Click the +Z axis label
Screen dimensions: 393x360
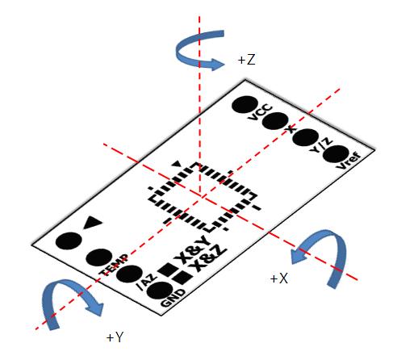click(246, 60)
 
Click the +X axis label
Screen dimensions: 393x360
click(279, 278)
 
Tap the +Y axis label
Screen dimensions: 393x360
click(115, 337)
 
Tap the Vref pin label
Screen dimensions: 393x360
click(349, 161)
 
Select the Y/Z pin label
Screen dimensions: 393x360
click(321, 145)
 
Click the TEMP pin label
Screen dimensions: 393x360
click(114, 266)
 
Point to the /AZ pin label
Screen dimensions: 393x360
click(147, 282)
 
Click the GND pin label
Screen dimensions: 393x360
click(174, 298)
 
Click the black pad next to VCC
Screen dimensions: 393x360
click(245, 105)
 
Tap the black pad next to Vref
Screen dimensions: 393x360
click(336, 154)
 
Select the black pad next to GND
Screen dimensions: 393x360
click(160, 291)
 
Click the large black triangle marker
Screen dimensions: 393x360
click(92, 222)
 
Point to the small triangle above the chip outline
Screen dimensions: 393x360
click(177, 164)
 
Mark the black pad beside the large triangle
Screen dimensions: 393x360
click(69, 241)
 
